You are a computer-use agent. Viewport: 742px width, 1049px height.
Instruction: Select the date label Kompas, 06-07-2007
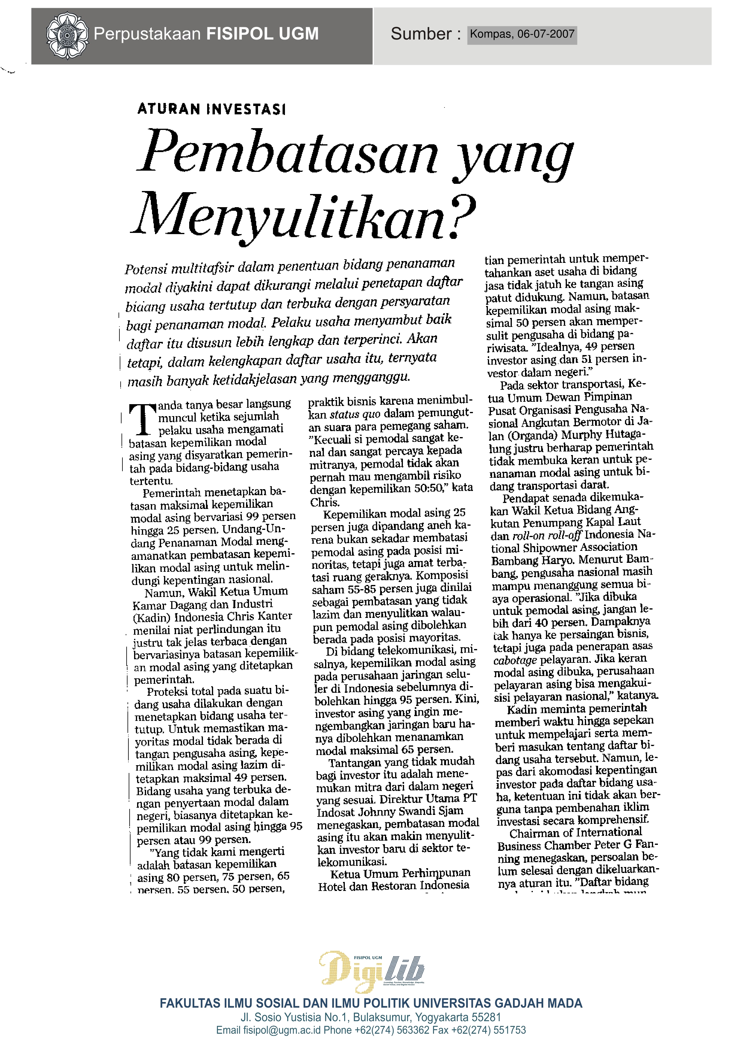[x=522, y=34]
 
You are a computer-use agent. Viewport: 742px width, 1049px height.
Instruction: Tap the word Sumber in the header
[x=421, y=34]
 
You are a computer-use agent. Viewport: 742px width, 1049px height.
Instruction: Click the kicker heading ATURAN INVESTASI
[x=212, y=109]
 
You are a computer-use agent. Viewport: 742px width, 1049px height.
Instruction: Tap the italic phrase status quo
[x=355, y=414]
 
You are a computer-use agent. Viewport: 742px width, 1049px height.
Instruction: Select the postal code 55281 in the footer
[x=486, y=1018]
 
